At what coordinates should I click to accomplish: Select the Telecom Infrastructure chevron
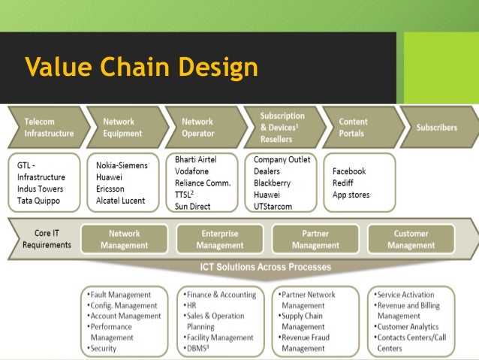click(47, 127)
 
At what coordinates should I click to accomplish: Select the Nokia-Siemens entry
click(122, 165)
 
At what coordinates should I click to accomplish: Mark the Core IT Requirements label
click(47, 239)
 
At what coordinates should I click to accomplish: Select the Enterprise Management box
click(219, 239)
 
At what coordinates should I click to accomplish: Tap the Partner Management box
click(315, 239)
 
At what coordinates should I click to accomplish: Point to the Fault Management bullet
click(121, 295)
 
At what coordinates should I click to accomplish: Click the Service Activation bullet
click(405, 295)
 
